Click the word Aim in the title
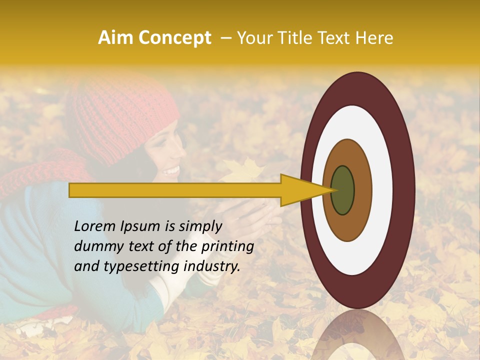tap(115, 38)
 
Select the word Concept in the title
tap(174, 38)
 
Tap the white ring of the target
tap(382, 190)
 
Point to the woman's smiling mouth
tap(171, 171)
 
